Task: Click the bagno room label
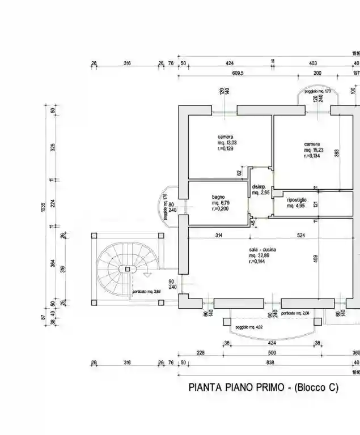click(x=219, y=197)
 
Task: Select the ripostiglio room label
click(x=297, y=200)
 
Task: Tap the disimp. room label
click(x=259, y=187)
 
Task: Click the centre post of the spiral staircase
click(x=128, y=269)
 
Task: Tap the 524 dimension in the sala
click(x=300, y=236)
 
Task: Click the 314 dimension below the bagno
click(x=218, y=236)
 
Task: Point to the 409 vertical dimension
click(x=316, y=260)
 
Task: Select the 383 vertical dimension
click(x=336, y=153)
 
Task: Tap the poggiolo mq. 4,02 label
click(x=249, y=327)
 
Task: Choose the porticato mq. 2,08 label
click(x=295, y=313)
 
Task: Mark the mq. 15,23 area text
click(x=313, y=150)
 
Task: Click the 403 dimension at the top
click(x=313, y=63)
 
